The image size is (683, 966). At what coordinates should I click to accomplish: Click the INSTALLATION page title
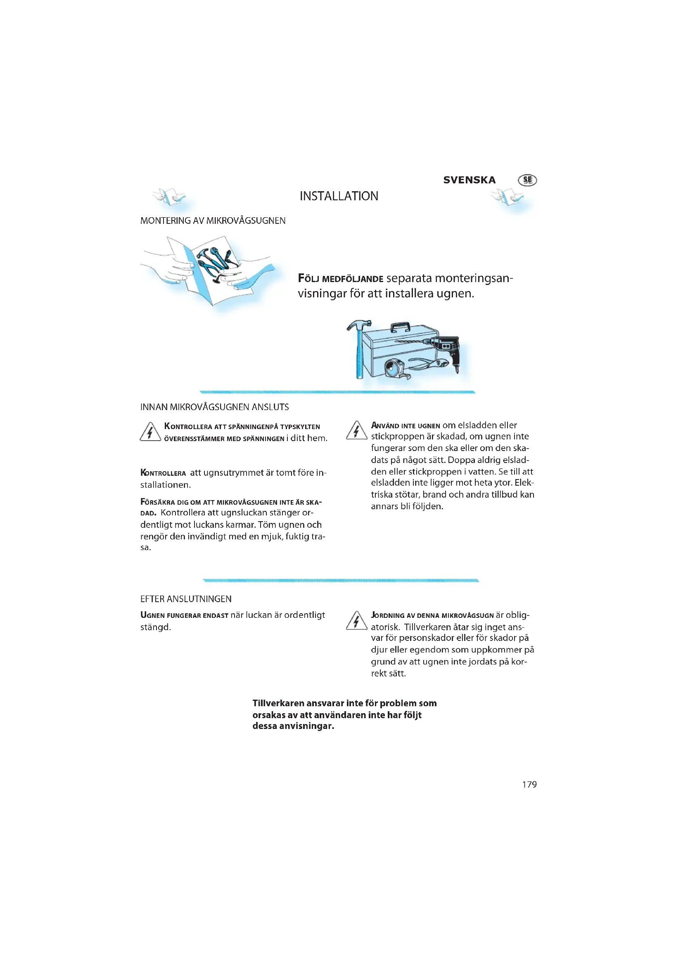(x=339, y=196)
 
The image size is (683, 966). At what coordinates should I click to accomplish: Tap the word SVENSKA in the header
(x=470, y=180)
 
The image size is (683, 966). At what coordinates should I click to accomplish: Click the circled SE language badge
(x=527, y=180)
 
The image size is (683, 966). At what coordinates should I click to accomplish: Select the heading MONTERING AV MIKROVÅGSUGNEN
(x=213, y=221)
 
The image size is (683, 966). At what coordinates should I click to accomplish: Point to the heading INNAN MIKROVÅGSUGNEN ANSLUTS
(x=214, y=407)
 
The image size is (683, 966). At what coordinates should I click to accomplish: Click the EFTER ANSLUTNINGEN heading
(x=186, y=599)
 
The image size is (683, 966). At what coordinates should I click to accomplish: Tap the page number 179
(x=529, y=784)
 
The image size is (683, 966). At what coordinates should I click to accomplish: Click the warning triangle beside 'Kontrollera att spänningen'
(x=150, y=432)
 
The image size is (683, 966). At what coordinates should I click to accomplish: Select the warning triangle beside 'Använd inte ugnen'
(x=356, y=431)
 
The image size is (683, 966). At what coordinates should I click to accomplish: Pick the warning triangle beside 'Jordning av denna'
(x=356, y=621)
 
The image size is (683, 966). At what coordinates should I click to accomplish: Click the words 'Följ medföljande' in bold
(x=340, y=279)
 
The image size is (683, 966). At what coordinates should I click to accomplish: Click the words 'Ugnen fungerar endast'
(x=184, y=615)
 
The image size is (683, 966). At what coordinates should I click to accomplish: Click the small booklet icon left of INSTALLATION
(x=169, y=197)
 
